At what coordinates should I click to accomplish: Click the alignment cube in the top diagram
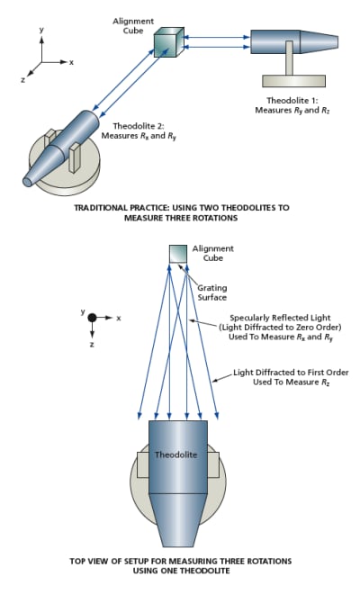(x=168, y=42)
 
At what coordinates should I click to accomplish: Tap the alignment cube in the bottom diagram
(x=177, y=254)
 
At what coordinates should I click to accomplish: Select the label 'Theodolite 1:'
(x=292, y=101)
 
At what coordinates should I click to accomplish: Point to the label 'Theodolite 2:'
(x=139, y=126)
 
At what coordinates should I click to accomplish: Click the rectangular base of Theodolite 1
(x=293, y=81)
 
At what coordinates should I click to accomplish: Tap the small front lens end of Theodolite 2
(x=27, y=182)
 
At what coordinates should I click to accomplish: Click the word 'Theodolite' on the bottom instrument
(x=175, y=454)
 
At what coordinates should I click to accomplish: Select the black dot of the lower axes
(x=92, y=318)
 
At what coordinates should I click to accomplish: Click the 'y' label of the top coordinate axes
(x=41, y=30)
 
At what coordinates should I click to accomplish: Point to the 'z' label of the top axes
(x=23, y=80)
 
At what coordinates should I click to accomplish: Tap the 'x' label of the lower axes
(x=119, y=319)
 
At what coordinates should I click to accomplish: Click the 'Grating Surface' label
(x=211, y=292)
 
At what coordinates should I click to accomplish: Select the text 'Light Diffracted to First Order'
(x=291, y=373)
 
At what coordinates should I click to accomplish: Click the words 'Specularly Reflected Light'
(x=280, y=318)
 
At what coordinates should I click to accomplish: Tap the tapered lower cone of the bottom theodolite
(x=178, y=520)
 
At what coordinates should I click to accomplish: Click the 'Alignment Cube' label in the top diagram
(x=133, y=26)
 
